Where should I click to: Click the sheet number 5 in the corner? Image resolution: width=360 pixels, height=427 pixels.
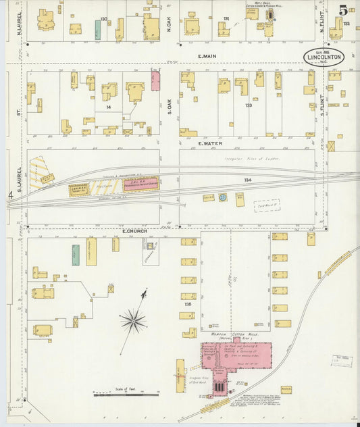click(x=343, y=10)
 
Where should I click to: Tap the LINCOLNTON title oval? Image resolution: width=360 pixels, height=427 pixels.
click(x=324, y=57)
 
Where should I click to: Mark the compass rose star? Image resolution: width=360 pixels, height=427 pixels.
click(x=134, y=321)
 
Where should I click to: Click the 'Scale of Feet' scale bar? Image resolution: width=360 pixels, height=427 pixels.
click(x=125, y=393)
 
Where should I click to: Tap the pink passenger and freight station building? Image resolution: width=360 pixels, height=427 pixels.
click(x=140, y=184)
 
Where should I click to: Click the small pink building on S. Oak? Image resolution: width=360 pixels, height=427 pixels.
click(x=155, y=81)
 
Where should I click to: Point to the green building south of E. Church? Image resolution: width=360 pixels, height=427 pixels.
click(x=76, y=255)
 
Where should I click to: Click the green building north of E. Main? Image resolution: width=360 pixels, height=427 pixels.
click(x=98, y=30)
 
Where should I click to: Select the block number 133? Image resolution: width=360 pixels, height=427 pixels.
click(x=249, y=105)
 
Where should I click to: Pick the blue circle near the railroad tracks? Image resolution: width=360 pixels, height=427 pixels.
click(x=222, y=197)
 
